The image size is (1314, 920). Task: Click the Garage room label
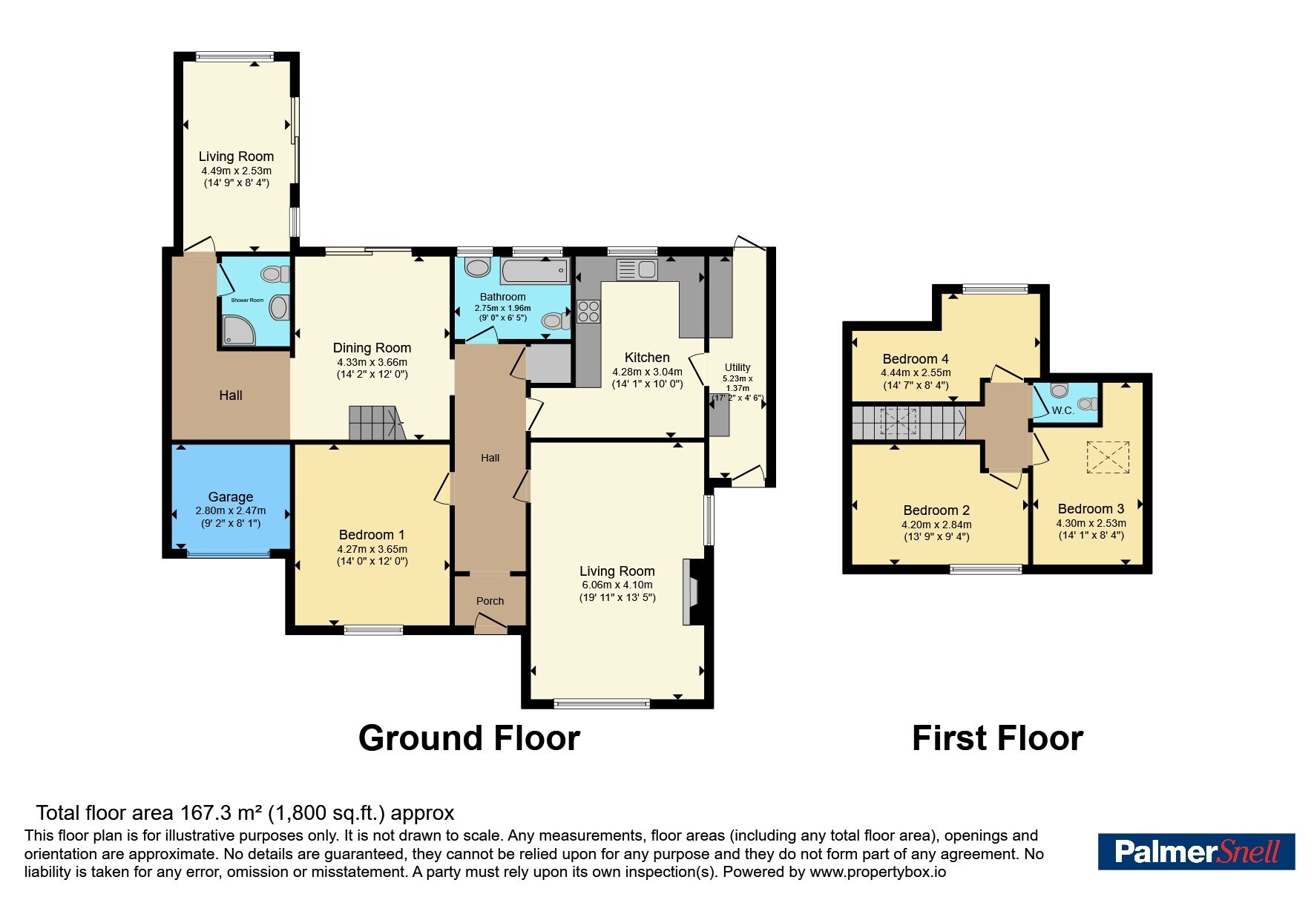(x=230, y=497)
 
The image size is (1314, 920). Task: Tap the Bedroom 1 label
(x=372, y=535)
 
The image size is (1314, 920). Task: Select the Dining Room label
(x=372, y=348)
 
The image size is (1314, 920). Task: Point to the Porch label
(x=490, y=601)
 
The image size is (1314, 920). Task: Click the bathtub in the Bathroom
(x=535, y=272)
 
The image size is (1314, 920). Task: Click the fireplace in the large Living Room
(x=691, y=592)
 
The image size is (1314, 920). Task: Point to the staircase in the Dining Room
(x=377, y=423)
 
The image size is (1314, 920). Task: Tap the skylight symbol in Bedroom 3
(x=1108, y=456)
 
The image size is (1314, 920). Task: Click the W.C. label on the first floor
(x=1062, y=410)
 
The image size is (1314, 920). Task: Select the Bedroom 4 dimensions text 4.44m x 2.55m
(x=916, y=373)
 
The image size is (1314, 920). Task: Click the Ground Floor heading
(x=469, y=739)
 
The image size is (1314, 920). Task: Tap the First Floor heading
(x=997, y=739)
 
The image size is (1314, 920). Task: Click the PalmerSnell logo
(x=1196, y=852)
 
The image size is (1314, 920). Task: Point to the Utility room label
(x=738, y=367)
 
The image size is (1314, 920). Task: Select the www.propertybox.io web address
(x=878, y=873)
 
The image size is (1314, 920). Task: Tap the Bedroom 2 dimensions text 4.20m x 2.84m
(x=936, y=525)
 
